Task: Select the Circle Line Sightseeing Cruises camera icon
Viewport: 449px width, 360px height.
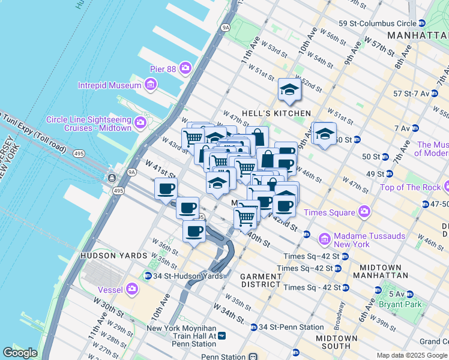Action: tap(140, 124)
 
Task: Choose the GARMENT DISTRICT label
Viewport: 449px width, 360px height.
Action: tap(261, 280)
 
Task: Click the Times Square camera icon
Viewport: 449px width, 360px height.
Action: tap(363, 212)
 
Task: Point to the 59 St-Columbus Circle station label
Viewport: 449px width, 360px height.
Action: tap(378, 23)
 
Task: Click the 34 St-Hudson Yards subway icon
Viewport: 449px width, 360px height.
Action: tap(148, 276)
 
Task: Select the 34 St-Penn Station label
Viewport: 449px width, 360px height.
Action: tap(291, 327)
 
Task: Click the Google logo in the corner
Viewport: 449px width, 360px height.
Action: tap(20, 353)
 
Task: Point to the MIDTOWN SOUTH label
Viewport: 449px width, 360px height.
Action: tap(337, 342)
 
